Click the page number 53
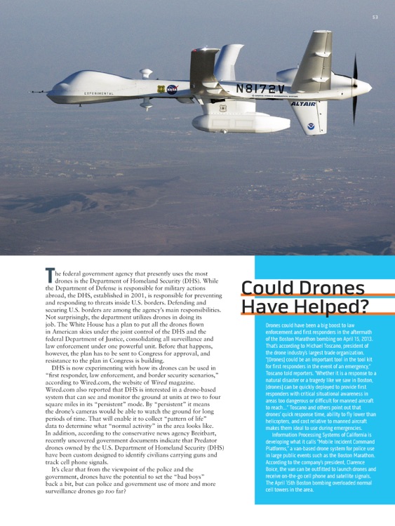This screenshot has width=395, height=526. tap(375, 16)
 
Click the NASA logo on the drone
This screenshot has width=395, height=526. tap(172, 90)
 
